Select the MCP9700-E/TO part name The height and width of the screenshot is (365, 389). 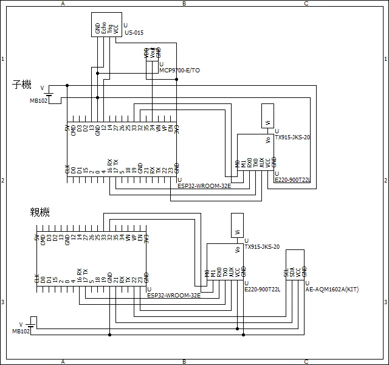click(x=179, y=71)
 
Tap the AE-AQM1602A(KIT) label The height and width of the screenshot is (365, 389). click(x=332, y=290)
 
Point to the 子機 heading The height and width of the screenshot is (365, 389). click(x=22, y=85)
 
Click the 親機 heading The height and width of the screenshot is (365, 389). click(x=40, y=212)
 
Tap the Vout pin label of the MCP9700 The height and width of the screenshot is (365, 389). click(x=152, y=53)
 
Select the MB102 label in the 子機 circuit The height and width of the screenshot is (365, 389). click(x=38, y=100)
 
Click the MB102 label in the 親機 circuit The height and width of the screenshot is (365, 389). click(x=21, y=331)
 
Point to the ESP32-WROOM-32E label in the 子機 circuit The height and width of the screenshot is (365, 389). click(x=201, y=186)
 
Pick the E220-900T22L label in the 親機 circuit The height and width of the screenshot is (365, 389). click(x=262, y=290)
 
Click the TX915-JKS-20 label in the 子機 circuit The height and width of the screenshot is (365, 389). click(x=293, y=137)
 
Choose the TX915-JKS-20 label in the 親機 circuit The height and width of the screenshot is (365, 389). click(x=262, y=247)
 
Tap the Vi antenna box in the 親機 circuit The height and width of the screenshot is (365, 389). click(x=237, y=225)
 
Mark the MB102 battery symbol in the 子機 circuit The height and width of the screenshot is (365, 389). click(x=49, y=93)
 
